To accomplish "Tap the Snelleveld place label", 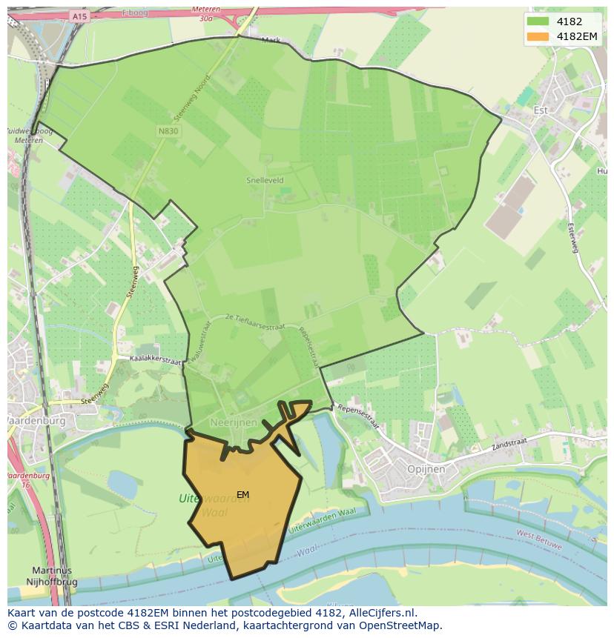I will [265, 180].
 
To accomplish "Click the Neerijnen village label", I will [235, 422].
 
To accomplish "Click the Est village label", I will [541, 110].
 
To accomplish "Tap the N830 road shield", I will [167, 130].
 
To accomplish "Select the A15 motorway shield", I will [79, 16].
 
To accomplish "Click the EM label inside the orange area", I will [243, 494].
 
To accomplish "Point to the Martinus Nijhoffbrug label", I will [52, 576].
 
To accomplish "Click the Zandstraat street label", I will [508, 445].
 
